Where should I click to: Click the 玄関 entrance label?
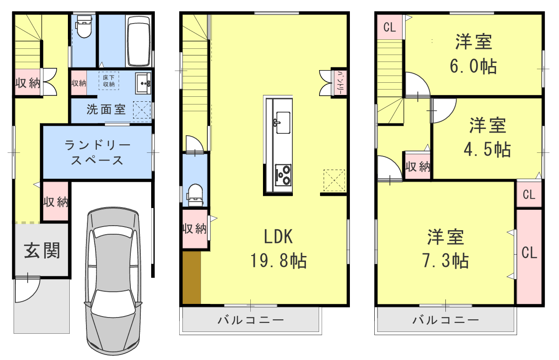point(42,250)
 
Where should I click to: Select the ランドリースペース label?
point(97,153)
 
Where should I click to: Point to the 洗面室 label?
point(106,109)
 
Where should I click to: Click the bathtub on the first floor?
point(139,42)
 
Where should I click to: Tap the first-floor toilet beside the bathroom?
point(83,27)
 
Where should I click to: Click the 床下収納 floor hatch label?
point(109,81)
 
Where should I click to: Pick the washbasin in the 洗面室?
point(144,83)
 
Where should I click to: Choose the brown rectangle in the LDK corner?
point(191,277)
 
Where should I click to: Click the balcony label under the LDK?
point(251,320)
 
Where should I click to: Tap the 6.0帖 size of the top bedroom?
point(473,66)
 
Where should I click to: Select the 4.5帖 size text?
point(487,149)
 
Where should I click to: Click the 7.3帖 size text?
point(445,261)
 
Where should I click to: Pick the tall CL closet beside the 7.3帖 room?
point(529,253)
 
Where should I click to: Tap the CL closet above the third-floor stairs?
point(389,27)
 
